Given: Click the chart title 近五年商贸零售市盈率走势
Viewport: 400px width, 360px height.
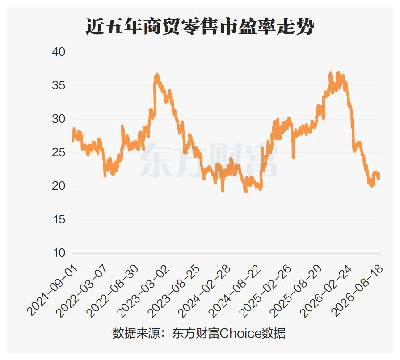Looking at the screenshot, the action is tap(199, 26).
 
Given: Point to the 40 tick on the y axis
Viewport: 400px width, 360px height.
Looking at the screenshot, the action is tap(59, 52).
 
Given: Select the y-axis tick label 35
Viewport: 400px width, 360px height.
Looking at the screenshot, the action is tap(59, 85).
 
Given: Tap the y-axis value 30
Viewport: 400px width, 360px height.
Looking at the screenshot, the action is tap(59, 119).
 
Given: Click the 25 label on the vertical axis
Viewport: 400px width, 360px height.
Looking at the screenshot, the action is tap(59, 152).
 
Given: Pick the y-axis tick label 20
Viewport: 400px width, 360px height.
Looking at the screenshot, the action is tap(59, 186).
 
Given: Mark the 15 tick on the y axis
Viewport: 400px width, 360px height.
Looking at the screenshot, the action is tap(59, 219).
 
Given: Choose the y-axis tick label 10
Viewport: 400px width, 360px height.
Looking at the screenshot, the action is tap(59, 253).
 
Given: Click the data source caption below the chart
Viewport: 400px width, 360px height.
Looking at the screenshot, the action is tap(199, 333).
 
